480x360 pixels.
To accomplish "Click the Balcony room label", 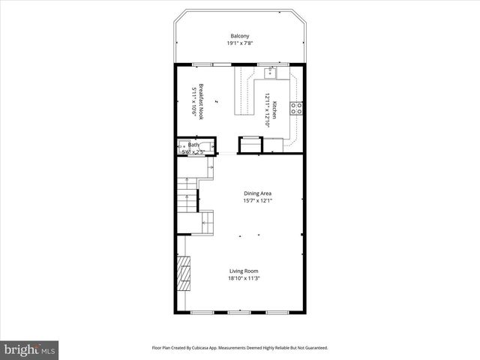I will (240, 35).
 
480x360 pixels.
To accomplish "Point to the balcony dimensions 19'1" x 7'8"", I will (240, 43).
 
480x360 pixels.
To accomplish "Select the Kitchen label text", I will (274, 110).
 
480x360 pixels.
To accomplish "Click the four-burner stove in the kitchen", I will (296, 107).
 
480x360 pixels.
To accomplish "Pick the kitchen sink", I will (269, 73).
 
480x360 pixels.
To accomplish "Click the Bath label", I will (193, 145).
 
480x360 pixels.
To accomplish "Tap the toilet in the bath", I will (181, 146).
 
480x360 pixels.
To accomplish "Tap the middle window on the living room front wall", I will (239, 311).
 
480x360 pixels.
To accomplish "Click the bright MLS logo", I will (30, 349).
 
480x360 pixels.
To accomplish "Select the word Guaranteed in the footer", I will (313, 348).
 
